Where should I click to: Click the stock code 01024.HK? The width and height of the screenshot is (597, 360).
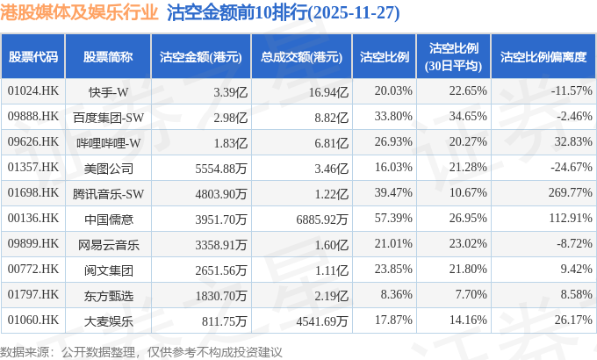pyautogui.click(x=32, y=91)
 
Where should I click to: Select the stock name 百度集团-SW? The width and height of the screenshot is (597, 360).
pyautogui.click(x=109, y=117)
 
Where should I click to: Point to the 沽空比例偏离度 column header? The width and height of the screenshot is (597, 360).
pyautogui.click(x=543, y=57)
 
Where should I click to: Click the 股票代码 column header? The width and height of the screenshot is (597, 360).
pyautogui.click(x=33, y=57)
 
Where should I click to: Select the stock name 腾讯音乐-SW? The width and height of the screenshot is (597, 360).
pyautogui.click(x=109, y=193)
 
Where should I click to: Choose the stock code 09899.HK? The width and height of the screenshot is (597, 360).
pyautogui.click(x=32, y=244)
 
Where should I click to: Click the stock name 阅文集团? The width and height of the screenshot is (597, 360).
pyautogui.click(x=109, y=270)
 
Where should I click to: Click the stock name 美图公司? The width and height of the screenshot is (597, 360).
pyautogui.click(x=109, y=168)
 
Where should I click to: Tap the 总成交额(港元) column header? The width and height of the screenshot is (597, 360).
pyautogui.click(x=301, y=57)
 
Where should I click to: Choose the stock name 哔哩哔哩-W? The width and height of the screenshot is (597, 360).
pyautogui.click(x=109, y=142)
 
